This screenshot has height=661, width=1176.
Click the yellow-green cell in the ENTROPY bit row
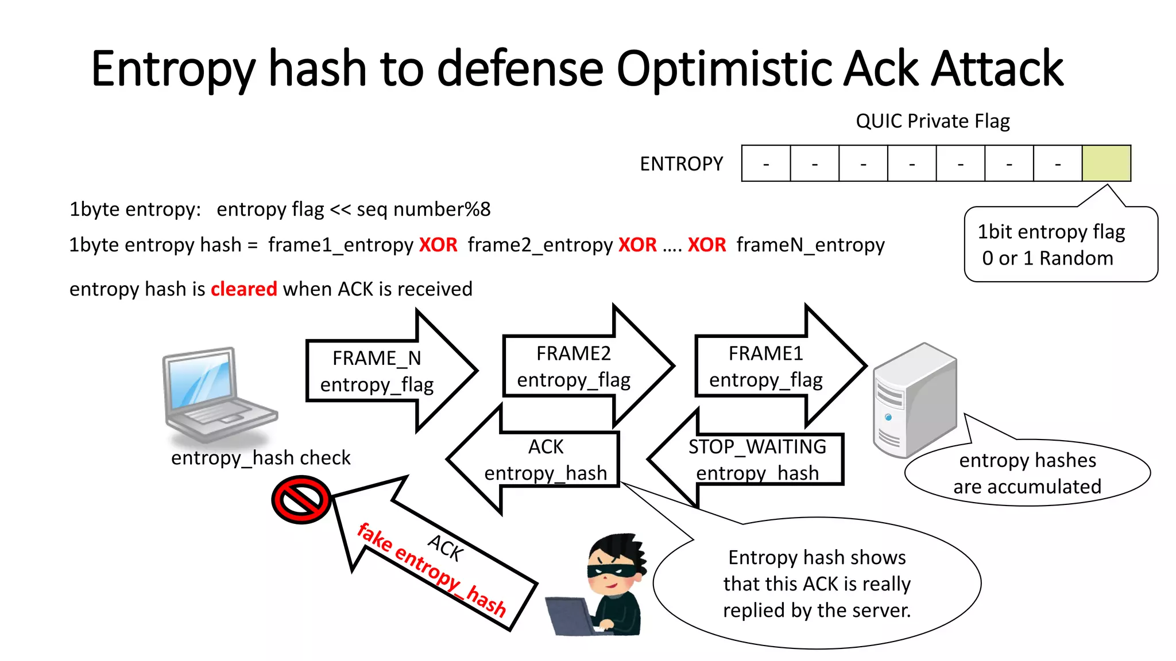click(1106, 164)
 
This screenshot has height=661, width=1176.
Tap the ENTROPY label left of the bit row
click(681, 164)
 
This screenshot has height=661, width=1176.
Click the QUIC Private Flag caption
click(933, 121)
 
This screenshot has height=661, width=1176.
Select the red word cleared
click(243, 289)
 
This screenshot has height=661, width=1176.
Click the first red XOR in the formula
click(438, 245)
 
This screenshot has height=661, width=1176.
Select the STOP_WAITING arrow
click(757, 460)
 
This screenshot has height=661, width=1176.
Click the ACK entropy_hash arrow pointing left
click(546, 460)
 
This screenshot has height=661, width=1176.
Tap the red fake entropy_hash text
click(431, 570)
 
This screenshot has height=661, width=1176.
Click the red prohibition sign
click(301, 499)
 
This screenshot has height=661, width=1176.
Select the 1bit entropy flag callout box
click(1060, 245)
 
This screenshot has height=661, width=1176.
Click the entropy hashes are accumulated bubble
click(1027, 473)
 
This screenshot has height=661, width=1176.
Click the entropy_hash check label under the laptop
click(260, 458)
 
